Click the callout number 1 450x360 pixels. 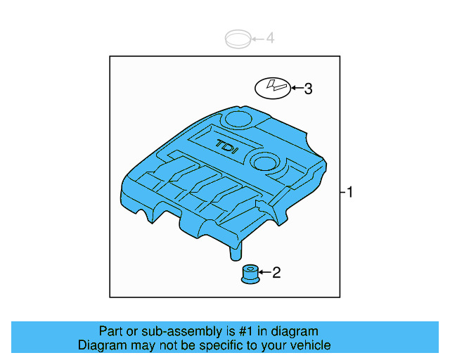[349, 192]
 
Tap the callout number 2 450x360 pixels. [276, 272]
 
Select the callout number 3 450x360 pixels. [307, 89]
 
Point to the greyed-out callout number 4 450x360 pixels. [270, 38]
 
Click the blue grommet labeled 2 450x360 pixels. [249, 274]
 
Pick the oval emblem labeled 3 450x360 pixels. [272, 89]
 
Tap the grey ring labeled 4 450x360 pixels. [238, 39]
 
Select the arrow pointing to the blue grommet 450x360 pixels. [264, 272]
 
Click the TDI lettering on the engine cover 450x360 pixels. [227, 146]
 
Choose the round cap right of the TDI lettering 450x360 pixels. [266, 162]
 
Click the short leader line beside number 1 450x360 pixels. [342, 192]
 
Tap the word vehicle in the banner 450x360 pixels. [310, 345]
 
